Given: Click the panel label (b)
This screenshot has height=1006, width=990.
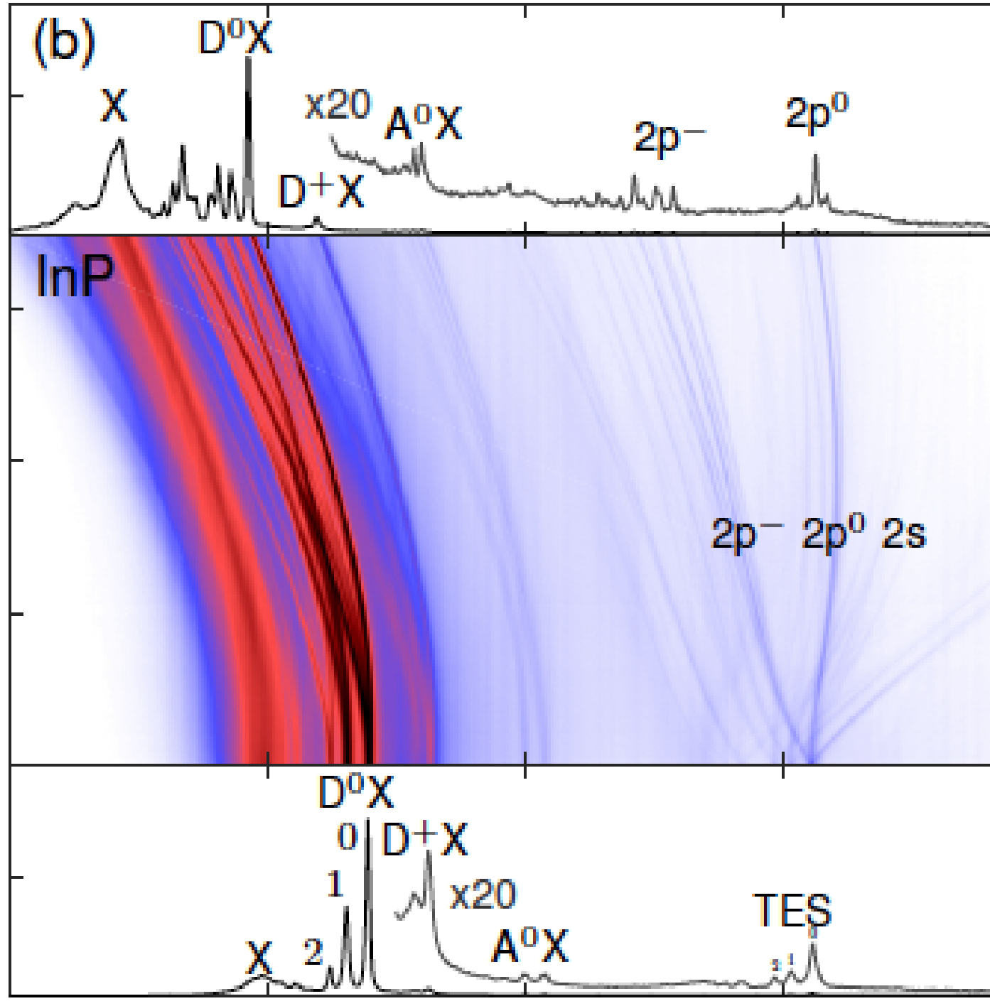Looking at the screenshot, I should [63, 44].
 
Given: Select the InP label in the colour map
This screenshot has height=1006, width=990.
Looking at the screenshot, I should [73, 277].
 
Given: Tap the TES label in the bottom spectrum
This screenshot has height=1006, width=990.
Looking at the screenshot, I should [792, 910].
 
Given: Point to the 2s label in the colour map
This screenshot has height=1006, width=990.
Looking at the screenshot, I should [904, 534].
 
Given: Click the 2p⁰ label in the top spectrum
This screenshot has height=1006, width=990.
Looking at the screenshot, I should [817, 113].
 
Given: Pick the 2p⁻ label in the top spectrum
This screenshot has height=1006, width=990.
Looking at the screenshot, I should [669, 136].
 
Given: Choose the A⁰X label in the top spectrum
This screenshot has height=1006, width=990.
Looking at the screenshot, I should [424, 124].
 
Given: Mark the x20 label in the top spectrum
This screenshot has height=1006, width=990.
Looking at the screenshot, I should [338, 106].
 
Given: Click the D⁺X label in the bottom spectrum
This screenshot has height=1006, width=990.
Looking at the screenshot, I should [425, 840].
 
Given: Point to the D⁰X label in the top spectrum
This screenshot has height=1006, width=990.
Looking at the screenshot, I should [235, 38].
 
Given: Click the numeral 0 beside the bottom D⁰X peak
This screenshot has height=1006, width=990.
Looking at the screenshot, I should [347, 838].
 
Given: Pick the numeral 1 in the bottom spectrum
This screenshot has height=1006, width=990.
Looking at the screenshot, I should [335, 885].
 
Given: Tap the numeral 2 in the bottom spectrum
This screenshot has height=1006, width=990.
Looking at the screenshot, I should [313, 952].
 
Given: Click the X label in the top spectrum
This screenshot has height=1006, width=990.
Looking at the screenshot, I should [114, 106].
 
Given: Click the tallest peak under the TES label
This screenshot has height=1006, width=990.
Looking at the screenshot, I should [813, 945].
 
